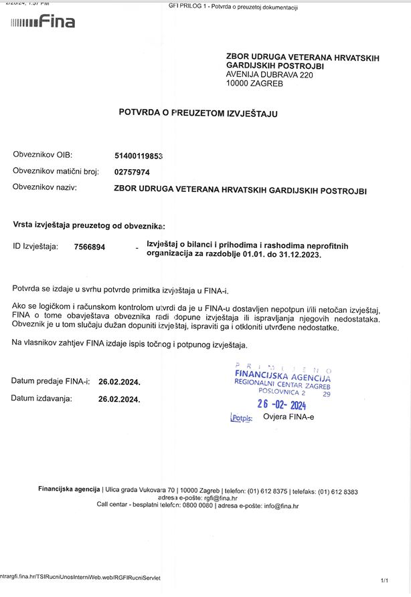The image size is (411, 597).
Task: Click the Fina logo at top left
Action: click(x=43, y=22)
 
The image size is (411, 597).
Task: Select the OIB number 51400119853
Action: click(x=139, y=156)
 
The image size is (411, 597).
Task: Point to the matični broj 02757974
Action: click(x=132, y=172)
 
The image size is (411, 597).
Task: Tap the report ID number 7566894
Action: click(x=89, y=247)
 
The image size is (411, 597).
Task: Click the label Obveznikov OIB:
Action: click(x=42, y=155)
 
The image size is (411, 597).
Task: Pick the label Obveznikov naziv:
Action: click(x=45, y=187)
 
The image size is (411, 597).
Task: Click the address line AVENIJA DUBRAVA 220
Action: click(x=270, y=76)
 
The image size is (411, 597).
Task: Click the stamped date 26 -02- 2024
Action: click(x=282, y=405)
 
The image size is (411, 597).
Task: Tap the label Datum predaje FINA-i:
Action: click(x=50, y=381)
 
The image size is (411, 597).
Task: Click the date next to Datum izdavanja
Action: click(x=119, y=400)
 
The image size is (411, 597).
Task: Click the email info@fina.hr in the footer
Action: click(x=281, y=506)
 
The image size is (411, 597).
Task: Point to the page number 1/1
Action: click(x=384, y=581)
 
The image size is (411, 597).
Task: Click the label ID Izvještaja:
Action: click(x=35, y=247)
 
